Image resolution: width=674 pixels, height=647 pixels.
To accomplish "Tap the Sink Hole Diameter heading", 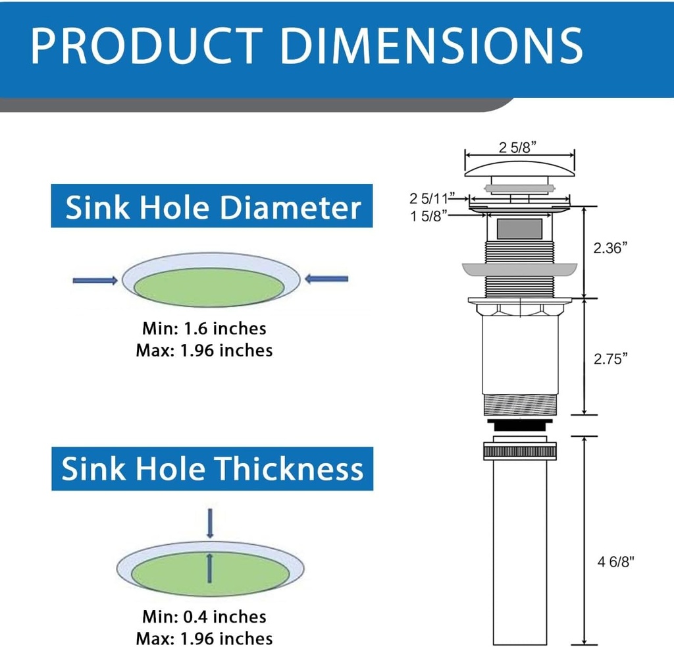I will [x=212, y=207].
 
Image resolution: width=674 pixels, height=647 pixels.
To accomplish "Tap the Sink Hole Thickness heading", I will [x=212, y=469].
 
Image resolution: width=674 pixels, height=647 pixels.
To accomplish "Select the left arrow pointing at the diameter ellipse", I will [x=95, y=281].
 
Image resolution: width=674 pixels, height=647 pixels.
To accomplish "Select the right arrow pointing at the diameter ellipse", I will [x=327, y=279].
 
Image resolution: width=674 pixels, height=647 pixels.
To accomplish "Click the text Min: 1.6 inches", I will [x=204, y=328].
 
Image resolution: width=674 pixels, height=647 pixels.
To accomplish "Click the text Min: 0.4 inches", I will [x=204, y=617].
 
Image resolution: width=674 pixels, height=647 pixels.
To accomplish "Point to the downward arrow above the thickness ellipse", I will [x=210, y=522].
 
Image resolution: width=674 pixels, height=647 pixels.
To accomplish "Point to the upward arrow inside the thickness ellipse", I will [x=210, y=568].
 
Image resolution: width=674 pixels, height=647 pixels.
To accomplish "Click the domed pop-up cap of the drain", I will [x=519, y=169].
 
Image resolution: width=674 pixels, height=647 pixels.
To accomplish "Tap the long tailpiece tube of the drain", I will [x=519, y=553].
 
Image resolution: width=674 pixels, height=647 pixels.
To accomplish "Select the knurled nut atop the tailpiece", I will [x=519, y=452].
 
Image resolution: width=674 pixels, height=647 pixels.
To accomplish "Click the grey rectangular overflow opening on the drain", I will [x=519, y=229].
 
